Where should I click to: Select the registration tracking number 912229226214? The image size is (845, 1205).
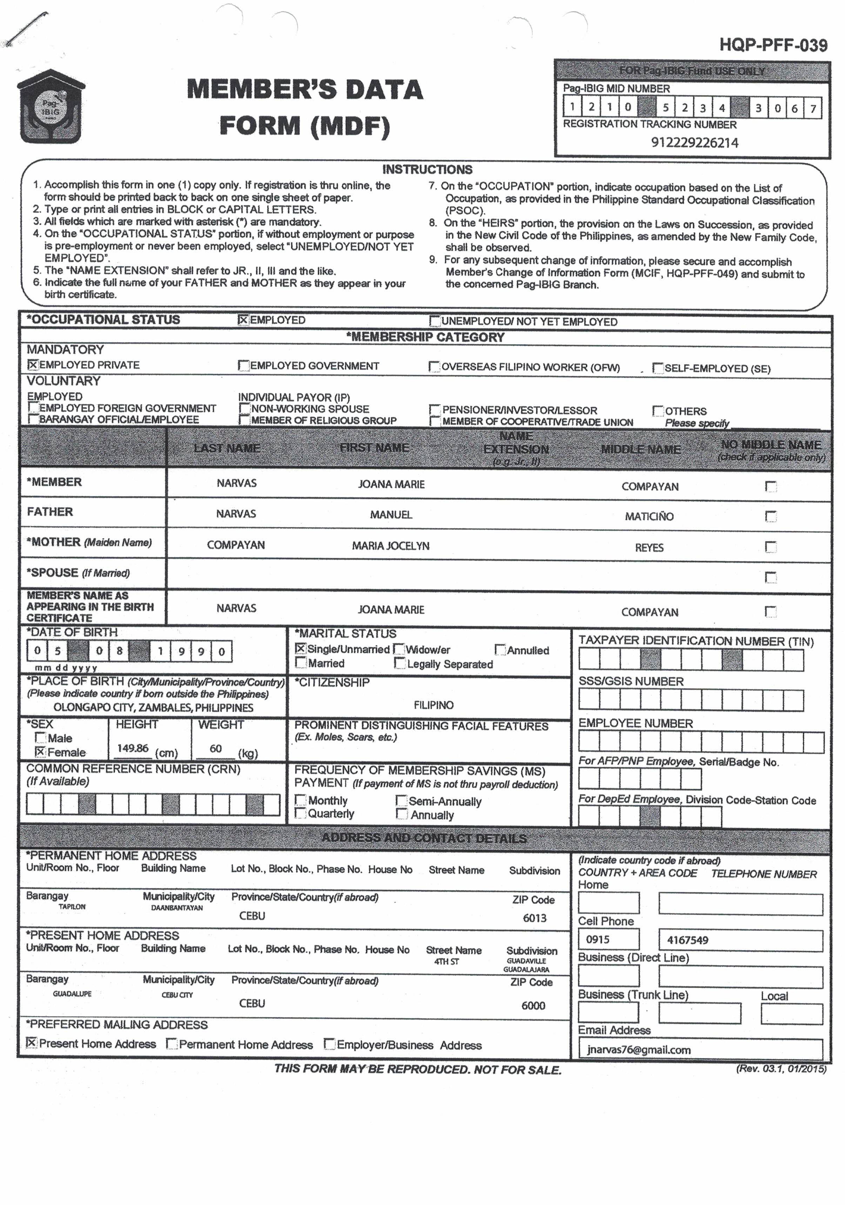(x=694, y=143)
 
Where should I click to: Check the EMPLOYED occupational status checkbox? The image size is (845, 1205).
(x=243, y=320)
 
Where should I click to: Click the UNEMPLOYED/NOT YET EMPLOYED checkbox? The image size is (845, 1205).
(x=435, y=321)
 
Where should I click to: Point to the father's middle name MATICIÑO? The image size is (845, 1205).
(x=649, y=516)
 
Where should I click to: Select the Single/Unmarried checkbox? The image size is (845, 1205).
(x=300, y=649)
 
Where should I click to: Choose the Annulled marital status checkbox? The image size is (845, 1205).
(x=500, y=650)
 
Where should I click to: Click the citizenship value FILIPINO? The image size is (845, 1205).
(x=433, y=705)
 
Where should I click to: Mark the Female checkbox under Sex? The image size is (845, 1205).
(x=40, y=752)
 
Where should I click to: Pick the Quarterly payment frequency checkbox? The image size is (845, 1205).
(x=300, y=813)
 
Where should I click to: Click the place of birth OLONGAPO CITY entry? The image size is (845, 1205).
(x=153, y=708)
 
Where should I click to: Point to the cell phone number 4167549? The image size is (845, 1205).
(x=688, y=940)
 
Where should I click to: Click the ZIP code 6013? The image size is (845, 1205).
(x=534, y=918)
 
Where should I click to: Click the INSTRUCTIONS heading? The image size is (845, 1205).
(x=427, y=170)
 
